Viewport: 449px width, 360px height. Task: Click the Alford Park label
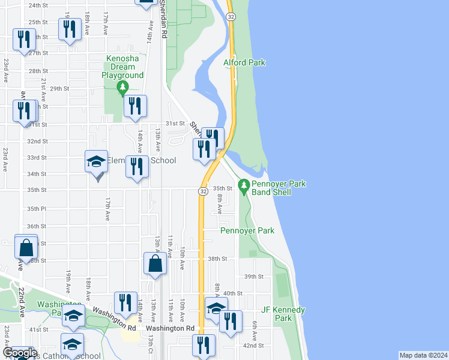244,62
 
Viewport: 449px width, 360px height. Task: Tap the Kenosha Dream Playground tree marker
123,88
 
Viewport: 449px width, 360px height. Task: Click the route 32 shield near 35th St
204,191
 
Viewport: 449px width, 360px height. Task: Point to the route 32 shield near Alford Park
231,17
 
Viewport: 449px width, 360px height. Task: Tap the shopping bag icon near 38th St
155,264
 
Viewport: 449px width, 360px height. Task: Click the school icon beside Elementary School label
96,161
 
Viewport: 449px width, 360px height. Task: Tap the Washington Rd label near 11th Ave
170,328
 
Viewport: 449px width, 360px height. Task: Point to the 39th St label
254,277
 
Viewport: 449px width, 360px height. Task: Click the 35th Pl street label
37,208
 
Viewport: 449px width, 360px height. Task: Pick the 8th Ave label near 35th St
220,204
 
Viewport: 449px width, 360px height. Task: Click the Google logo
20,353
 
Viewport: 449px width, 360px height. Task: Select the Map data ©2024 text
423,355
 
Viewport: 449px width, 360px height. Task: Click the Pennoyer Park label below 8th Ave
247,230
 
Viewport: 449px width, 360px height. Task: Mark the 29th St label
59,88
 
